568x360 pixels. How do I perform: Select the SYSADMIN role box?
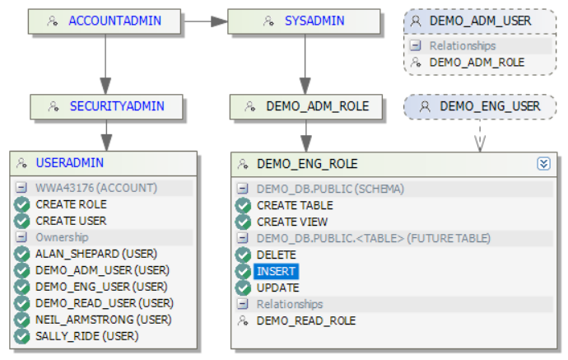pos(304,21)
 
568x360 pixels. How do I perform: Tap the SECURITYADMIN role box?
pos(105,106)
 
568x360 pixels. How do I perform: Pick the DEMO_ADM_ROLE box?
pos(304,106)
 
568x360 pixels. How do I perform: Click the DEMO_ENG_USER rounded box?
pos(480,106)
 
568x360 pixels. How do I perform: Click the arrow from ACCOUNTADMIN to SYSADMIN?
pos(204,21)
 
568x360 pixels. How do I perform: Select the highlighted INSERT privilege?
pos(276,271)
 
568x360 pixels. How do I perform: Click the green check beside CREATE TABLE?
pos(243,205)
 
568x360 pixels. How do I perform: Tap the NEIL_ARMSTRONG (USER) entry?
pos(96,320)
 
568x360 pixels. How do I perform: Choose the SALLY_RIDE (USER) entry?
pos(86,336)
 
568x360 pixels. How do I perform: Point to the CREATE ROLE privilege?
pos(71,204)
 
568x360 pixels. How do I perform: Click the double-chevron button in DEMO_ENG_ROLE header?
pos(543,163)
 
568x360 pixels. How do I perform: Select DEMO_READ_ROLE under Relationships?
pos(300,320)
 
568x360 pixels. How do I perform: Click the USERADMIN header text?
pos(69,163)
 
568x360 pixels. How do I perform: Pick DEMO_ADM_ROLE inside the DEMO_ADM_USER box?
pos(477,62)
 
